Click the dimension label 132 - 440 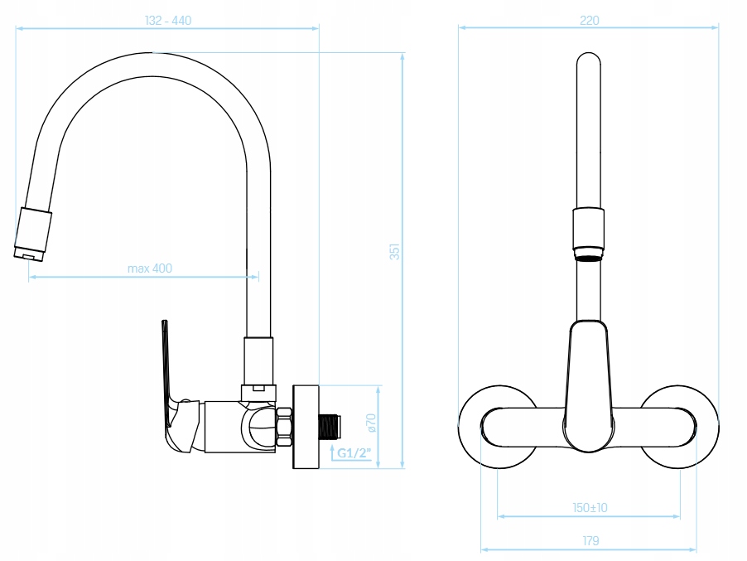(167, 21)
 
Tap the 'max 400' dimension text (150, 268)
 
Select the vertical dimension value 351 (394, 251)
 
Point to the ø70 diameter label (371, 423)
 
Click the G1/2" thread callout (354, 452)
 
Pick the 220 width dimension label (590, 21)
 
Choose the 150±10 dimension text (590, 508)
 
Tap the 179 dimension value (590, 541)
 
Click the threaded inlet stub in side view (330, 426)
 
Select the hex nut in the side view (284, 427)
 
